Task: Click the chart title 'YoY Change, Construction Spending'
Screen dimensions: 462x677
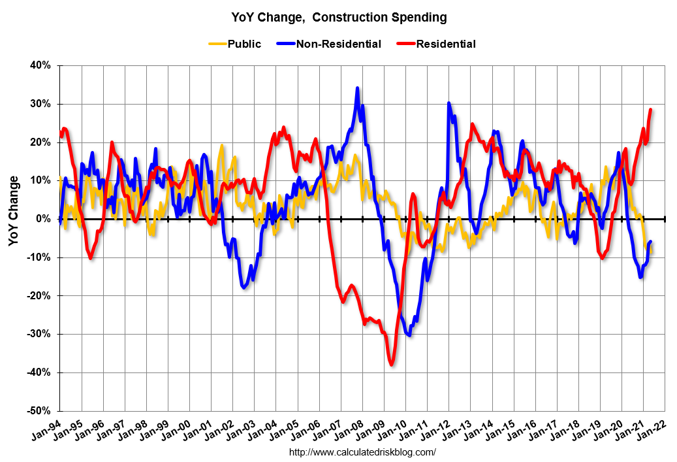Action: click(339, 18)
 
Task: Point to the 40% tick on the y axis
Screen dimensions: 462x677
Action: click(40, 66)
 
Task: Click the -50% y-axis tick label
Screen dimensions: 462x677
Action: click(39, 411)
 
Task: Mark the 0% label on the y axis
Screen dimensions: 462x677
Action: click(43, 219)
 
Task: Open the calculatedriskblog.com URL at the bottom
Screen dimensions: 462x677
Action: click(362, 452)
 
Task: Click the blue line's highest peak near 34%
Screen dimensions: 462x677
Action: click(357, 88)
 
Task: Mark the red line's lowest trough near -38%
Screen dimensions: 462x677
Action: click(391, 365)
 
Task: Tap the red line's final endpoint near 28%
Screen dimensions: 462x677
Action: click(651, 110)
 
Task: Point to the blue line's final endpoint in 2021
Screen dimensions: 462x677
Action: click(651, 242)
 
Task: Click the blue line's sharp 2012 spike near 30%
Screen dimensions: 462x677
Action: click(449, 103)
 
